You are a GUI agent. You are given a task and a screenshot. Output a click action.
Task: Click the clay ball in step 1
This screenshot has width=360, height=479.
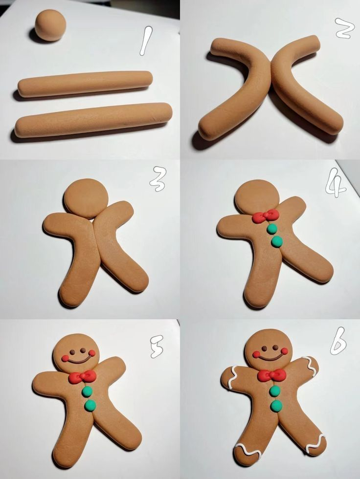pyautogui.click(x=50, y=25)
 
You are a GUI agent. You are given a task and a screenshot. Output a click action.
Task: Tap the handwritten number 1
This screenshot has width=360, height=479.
pyautogui.click(x=146, y=41)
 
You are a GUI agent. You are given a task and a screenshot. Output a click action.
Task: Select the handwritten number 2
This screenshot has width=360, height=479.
pyautogui.click(x=345, y=28)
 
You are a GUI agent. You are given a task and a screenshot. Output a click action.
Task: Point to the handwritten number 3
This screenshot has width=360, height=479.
pyautogui.click(x=158, y=179)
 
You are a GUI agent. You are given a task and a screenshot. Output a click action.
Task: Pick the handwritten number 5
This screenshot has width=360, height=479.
pyautogui.click(x=157, y=347)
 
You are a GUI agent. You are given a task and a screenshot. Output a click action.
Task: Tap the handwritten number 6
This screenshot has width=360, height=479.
pyautogui.click(x=338, y=341)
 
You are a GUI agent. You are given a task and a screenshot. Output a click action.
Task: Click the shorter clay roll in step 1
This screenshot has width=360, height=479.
pyautogui.click(x=85, y=84)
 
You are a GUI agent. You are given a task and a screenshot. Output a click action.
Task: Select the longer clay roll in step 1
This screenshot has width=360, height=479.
pyautogui.click(x=93, y=120)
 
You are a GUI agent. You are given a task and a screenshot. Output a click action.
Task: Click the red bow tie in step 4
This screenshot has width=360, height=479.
pyautogui.click(x=266, y=216)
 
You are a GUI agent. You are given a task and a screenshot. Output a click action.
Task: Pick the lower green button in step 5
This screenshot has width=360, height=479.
pyautogui.click(x=90, y=405)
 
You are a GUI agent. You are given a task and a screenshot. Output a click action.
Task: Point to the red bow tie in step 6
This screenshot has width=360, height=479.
pyautogui.click(x=271, y=375)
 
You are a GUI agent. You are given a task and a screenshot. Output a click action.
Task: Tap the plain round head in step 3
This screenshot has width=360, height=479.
pyautogui.click(x=86, y=198)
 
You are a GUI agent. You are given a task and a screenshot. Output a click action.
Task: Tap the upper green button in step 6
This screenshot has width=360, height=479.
pyautogui.click(x=275, y=391)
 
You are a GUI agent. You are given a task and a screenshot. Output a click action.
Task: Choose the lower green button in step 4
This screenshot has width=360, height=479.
pyautogui.click(x=277, y=241)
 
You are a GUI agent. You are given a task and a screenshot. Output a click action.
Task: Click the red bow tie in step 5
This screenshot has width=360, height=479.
pyautogui.click(x=82, y=377)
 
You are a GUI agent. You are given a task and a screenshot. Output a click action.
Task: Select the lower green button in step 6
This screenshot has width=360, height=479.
pyautogui.click(x=276, y=405)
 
